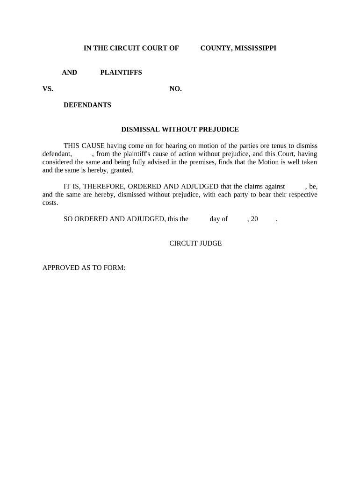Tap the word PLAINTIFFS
[x=121, y=73]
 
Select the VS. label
[x=48, y=89]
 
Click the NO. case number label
[x=175, y=89]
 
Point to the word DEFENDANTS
[x=87, y=105]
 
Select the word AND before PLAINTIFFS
[x=70, y=73]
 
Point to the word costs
[x=50, y=203]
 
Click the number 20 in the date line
[x=254, y=219]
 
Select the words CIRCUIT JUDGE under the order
[x=195, y=243]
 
